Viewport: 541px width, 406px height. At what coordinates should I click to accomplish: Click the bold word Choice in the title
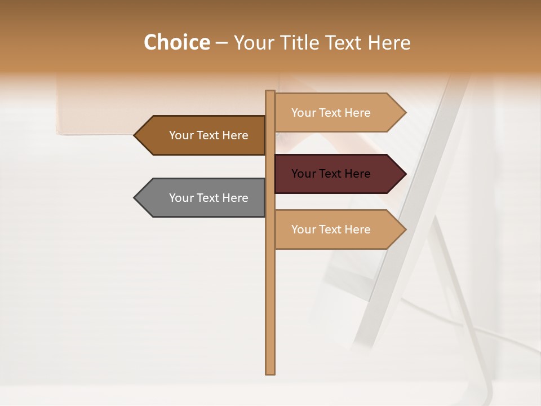(176, 42)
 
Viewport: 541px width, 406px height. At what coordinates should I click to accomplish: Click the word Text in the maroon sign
(331, 174)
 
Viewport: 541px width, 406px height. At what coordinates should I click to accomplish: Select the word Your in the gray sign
(181, 198)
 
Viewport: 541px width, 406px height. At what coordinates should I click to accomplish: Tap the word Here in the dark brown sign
(235, 135)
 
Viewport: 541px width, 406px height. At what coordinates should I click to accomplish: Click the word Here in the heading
(389, 42)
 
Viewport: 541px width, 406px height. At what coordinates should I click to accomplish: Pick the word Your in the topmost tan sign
(304, 113)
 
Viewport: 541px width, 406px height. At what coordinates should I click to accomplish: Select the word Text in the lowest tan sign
(331, 230)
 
